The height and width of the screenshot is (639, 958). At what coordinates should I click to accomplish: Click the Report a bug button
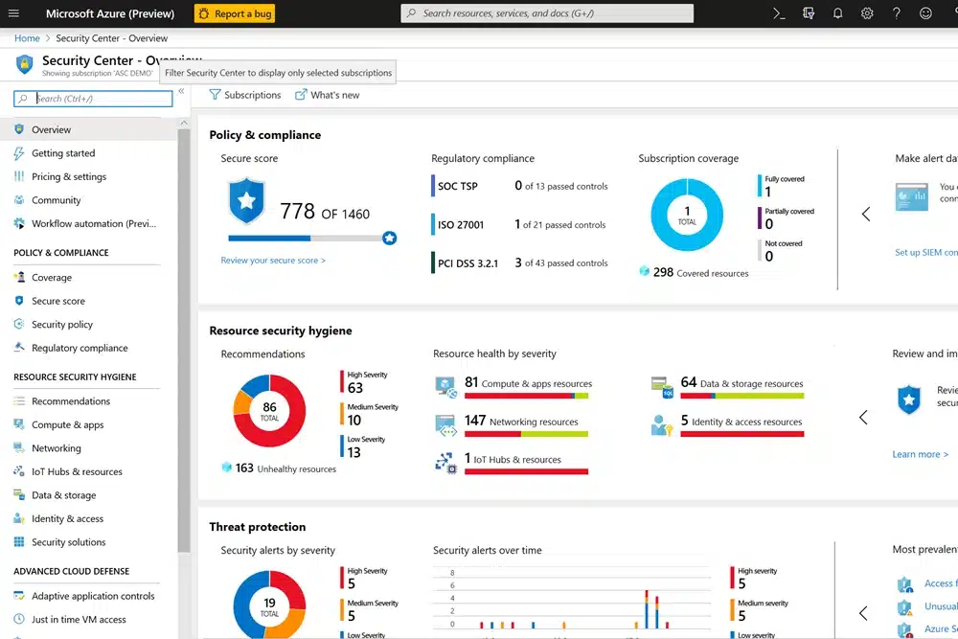tap(235, 13)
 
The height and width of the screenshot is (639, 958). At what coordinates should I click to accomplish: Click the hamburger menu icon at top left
tap(14, 13)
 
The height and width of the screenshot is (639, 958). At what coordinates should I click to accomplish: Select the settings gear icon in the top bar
tap(867, 13)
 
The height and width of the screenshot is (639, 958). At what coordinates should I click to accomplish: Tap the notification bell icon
tap(837, 13)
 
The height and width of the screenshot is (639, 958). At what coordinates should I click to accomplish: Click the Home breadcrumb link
tap(27, 38)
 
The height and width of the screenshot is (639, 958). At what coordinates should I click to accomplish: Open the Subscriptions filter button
tap(245, 95)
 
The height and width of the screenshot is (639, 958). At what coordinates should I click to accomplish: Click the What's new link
tap(328, 95)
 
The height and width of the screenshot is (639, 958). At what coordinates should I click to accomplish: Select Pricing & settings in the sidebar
tap(69, 176)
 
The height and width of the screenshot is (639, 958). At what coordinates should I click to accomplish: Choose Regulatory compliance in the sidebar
tap(80, 348)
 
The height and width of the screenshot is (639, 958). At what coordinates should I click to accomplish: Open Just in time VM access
tap(79, 619)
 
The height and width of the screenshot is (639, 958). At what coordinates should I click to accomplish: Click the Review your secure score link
tap(273, 261)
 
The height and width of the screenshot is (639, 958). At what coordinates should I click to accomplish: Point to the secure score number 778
tap(297, 213)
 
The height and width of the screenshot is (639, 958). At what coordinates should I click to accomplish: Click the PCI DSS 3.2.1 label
tap(468, 263)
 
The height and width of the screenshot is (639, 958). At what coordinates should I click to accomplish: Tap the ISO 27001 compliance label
tap(461, 225)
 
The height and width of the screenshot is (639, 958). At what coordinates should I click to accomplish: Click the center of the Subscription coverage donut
tap(687, 216)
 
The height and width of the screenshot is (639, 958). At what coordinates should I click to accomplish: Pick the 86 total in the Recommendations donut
tap(269, 411)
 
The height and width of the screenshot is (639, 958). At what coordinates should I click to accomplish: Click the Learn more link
tap(916, 454)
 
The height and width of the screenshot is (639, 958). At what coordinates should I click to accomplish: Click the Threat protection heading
tap(258, 527)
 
